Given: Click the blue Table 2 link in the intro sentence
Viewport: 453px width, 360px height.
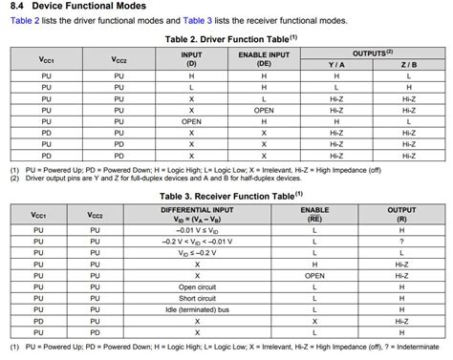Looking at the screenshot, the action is (25, 20).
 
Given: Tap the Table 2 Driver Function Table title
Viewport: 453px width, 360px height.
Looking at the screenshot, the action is (221, 38).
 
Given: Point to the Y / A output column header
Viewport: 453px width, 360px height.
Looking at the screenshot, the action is (336, 65).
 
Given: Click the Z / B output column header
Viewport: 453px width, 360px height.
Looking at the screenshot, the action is (408, 65).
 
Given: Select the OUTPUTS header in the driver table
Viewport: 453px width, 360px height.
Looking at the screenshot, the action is (372, 53).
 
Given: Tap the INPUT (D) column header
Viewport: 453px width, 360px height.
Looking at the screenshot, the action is (191, 59).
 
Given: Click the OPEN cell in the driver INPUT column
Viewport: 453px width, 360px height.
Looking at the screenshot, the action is (191, 121).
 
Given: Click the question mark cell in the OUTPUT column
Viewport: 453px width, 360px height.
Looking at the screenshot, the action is (400, 241).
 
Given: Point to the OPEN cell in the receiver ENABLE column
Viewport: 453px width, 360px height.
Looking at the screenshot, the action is (313, 275).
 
